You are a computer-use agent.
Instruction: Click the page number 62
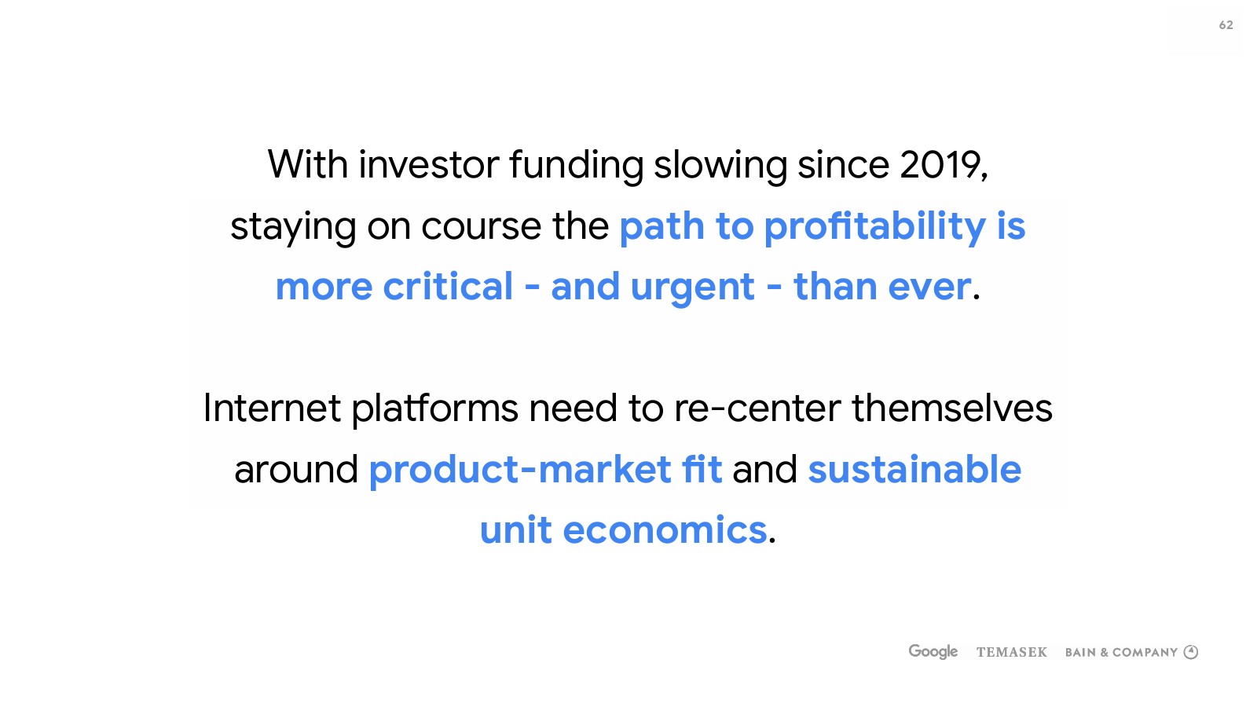[x=1226, y=25]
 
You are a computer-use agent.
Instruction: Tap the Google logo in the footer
[x=933, y=651]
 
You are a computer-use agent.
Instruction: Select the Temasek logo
[x=1012, y=652]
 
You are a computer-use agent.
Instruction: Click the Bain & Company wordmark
[x=1121, y=652]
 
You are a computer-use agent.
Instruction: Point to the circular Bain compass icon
[x=1191, y=652]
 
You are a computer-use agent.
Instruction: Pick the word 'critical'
[x=448, y=286]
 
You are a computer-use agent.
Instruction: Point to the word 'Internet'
[x=272, y=408]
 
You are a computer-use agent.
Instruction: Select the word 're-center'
[x=757, y=408]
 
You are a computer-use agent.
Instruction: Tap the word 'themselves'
[x=952, y=408]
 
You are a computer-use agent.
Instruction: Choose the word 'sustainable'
[x=914, y=469]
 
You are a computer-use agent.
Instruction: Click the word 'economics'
[x=665, y=529]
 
